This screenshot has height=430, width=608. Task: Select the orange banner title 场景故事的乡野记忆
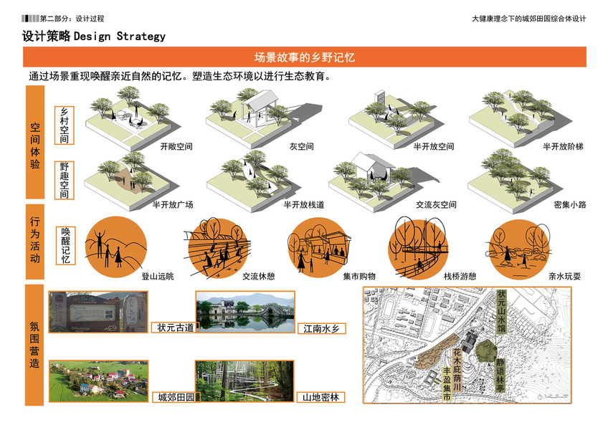click(305, 57)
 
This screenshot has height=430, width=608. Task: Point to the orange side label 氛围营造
click(35, 345)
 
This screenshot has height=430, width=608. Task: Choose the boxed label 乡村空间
click(65, 123)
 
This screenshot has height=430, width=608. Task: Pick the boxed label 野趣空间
click(65, 180)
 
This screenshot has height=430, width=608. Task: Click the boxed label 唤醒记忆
click(67, 245)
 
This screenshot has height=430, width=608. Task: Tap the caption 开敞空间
click(176, 147)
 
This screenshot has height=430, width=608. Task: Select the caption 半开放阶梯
click(563, 147)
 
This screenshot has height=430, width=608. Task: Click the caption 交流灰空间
click(436, 205)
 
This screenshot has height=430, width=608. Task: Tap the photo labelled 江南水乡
click(244, 312)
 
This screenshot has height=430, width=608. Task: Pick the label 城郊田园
click(175, 397)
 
